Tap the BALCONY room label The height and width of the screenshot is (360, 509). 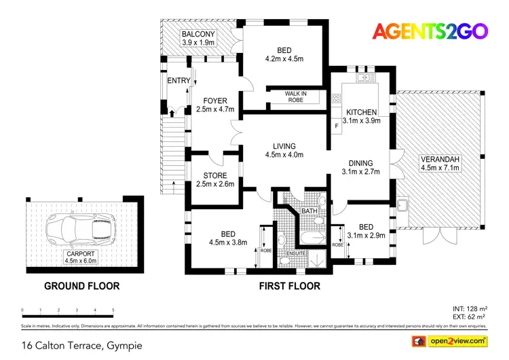pos(198,35)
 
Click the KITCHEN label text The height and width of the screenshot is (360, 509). pos(361,112)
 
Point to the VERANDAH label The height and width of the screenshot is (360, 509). pos(440,159)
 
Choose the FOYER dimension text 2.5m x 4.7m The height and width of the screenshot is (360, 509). pos(214,109)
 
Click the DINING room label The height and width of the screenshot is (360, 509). pos(360,163)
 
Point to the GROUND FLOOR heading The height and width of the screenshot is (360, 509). pos(82,286)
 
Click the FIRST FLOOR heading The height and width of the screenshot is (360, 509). pos(290,286)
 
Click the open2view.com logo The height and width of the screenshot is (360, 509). pos(449,340)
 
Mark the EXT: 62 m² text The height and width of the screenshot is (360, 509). pos(470,317)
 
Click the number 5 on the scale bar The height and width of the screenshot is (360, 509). pos(113,310)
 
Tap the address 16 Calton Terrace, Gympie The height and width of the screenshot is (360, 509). pos(83,345)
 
